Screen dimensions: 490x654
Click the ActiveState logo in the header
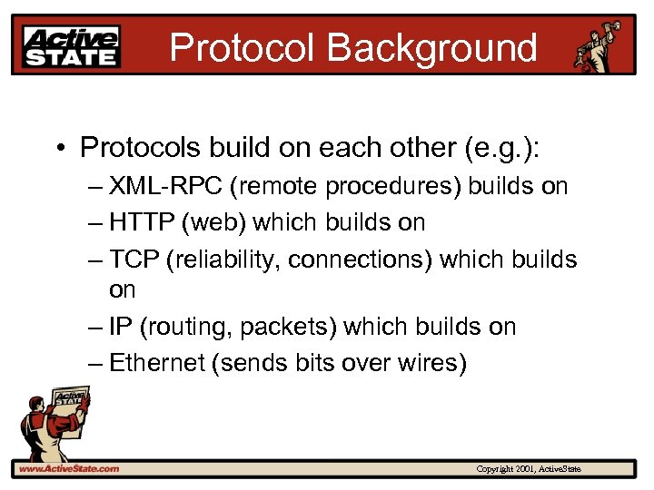tap(72, 46)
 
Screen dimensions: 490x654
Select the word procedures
tap(394, 187)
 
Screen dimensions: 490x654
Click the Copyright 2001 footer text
tap(529, 468)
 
